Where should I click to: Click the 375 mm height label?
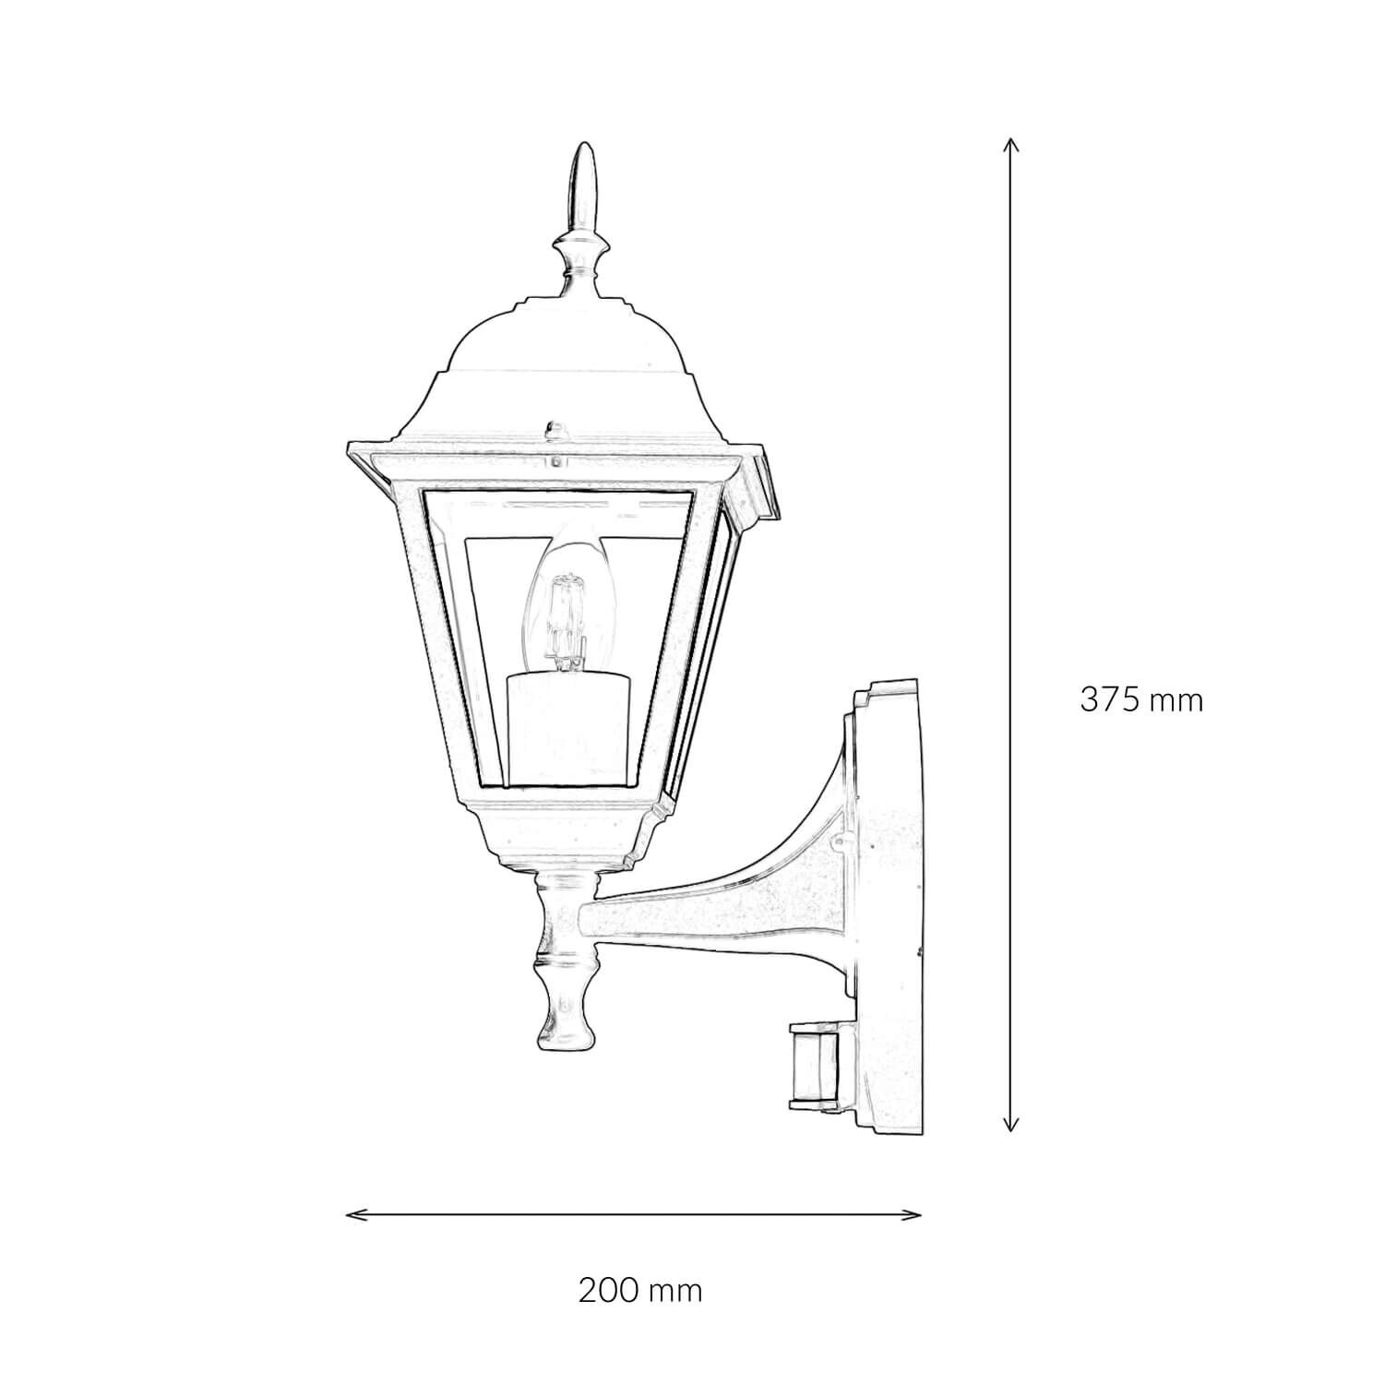[1141, 700]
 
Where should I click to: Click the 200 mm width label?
[640, 1290]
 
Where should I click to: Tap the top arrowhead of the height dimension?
[1011, 144]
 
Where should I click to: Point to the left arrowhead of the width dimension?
[351, 1214]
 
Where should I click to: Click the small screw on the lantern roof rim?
[555, 429]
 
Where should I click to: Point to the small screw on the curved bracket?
[842, 841]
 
